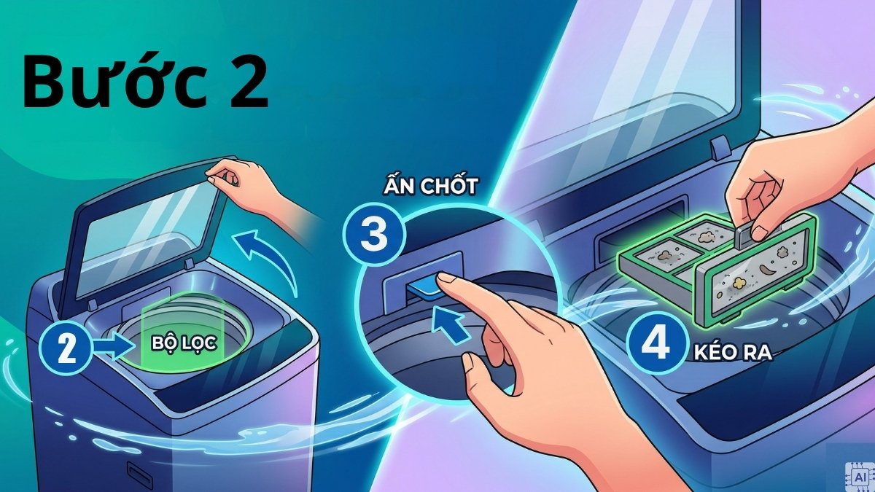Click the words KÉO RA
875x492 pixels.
pos(731,354)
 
